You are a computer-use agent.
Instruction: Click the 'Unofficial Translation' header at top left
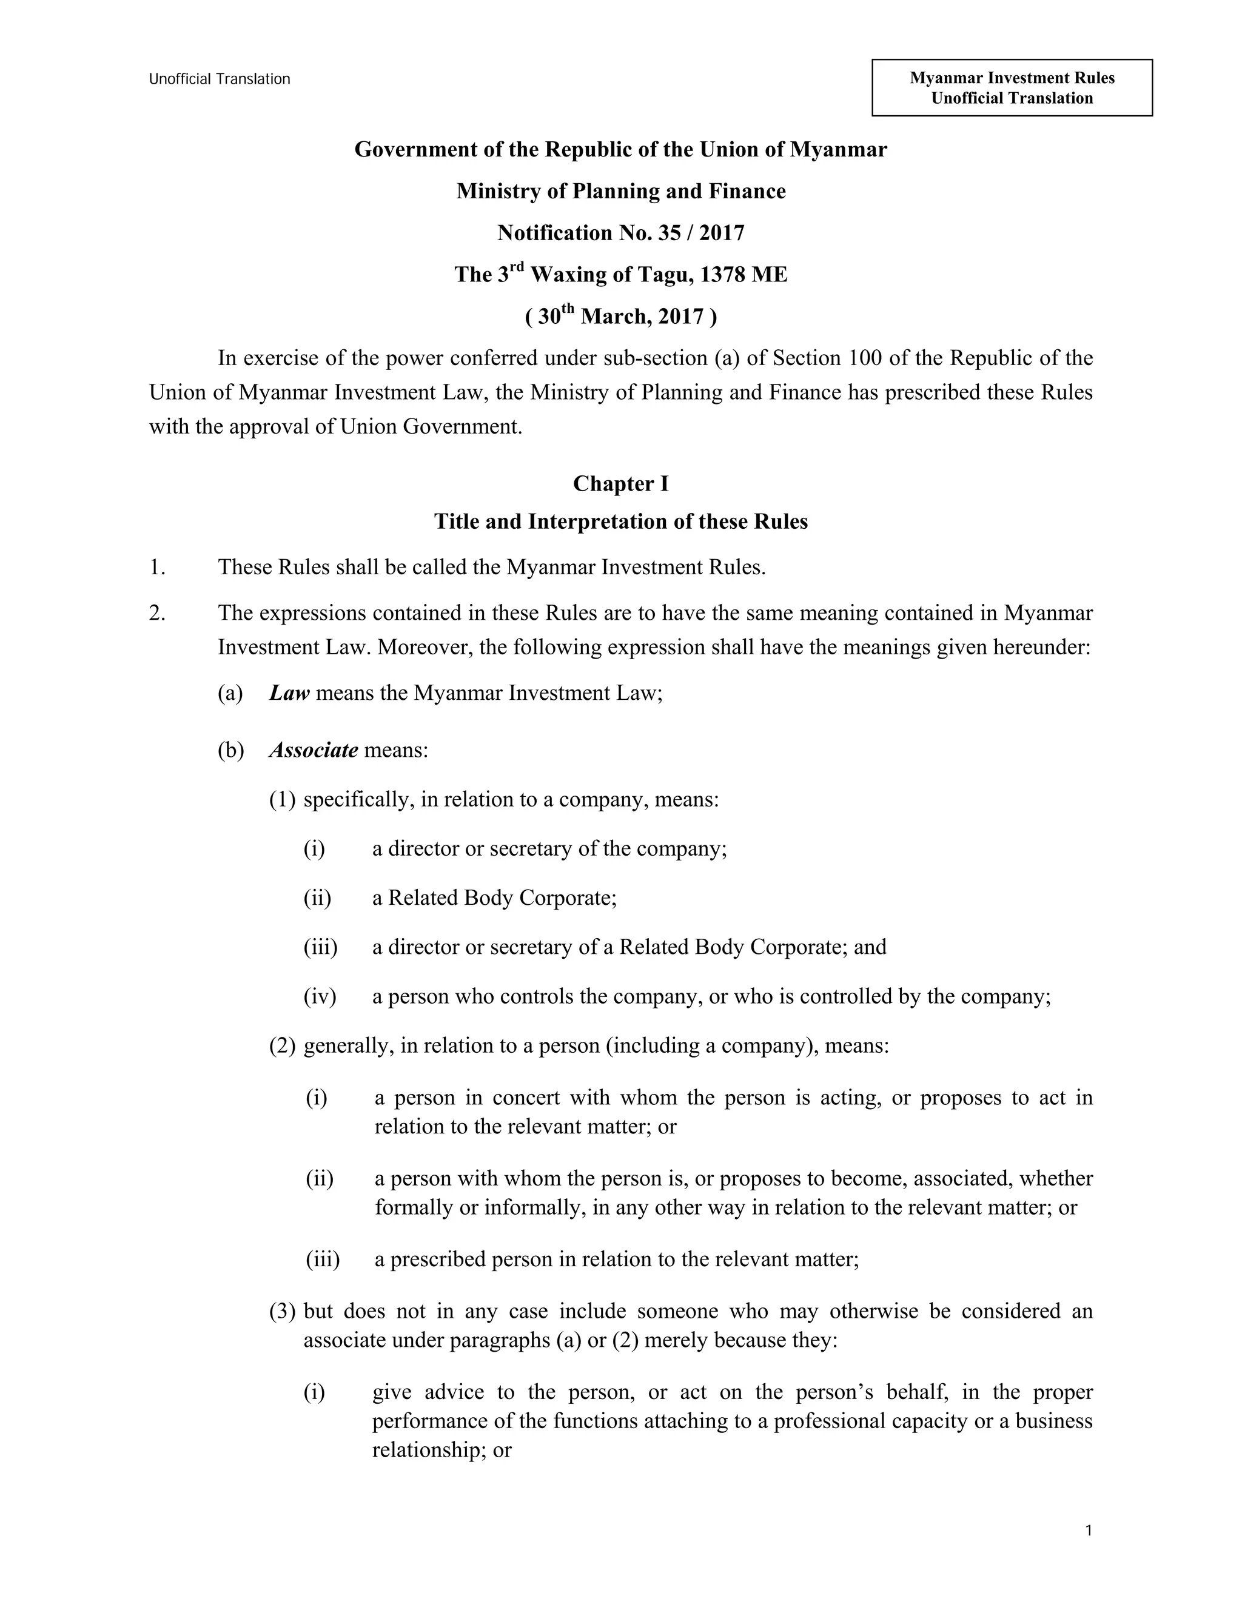click(x=220, y=79)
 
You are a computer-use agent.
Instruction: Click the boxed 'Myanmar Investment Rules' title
click(x=1012, y=78)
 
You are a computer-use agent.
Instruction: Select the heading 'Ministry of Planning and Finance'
click(x=620, y=191)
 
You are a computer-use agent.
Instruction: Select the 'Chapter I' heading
click(x=620, y=483)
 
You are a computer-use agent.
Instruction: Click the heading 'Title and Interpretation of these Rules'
click(x=620, y=522)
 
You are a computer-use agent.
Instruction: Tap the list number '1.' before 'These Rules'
click(x=156, y=568)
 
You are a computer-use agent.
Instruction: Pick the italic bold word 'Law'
click(x=289, y=693)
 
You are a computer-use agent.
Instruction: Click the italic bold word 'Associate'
click(x=314, y=751)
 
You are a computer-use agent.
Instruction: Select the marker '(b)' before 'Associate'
click(x=230, y=751)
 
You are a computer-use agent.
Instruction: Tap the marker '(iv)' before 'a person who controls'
click(x=320, y=996)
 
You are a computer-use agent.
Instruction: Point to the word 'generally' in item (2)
click(x=348, y=1045)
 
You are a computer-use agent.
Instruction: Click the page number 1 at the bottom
click(x=1088, y=1531)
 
